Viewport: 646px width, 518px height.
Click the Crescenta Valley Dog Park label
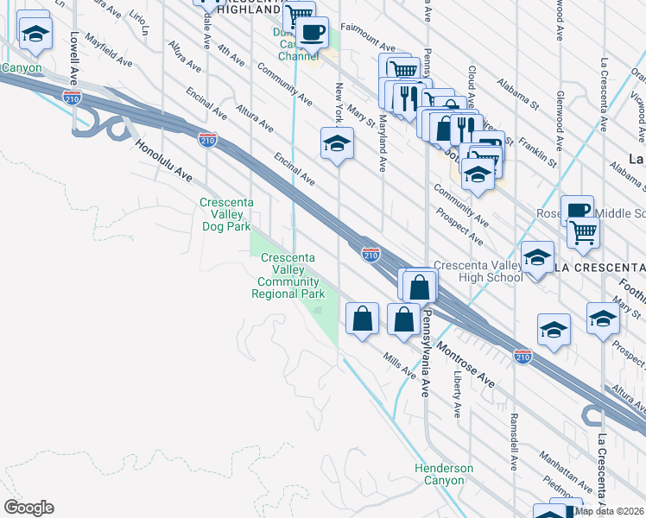[225, 215]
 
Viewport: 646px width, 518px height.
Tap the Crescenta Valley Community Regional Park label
[288, 276]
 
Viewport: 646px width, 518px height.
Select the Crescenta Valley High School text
[478, 271]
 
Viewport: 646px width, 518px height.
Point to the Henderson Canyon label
[444, 474]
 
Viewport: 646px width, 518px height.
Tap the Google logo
[28, 508]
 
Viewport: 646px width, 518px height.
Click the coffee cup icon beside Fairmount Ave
[313, 33]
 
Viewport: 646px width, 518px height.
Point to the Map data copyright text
[610, 511]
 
